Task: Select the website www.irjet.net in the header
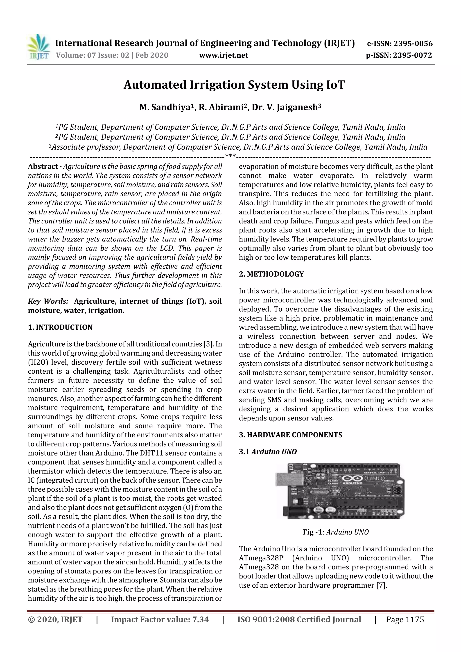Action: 224,55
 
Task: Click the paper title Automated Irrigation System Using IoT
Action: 234,85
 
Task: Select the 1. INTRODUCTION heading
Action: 60,327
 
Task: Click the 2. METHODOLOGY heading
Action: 271,274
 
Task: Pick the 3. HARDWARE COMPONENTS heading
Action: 290,435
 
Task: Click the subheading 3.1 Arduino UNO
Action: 268,452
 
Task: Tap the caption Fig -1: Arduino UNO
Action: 335,532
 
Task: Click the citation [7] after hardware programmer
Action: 382,586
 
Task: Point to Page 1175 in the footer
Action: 405,620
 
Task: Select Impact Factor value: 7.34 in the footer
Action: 160,620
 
